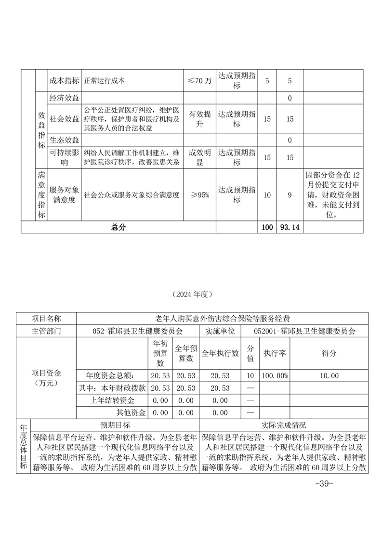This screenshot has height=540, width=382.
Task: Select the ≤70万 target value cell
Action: (x=199, y=81)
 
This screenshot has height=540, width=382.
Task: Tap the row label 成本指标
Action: (x=64, y=81)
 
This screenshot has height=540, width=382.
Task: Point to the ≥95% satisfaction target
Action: (x=199, y=195)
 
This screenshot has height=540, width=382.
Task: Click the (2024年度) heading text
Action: (x=191, y=294)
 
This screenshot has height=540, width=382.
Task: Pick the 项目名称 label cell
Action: (x=46, y=319)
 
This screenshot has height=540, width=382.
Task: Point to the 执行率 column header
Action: (x=275, y=353)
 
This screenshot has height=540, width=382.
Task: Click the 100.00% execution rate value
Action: (x=275, y=375)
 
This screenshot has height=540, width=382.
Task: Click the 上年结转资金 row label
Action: (x=112, y=400)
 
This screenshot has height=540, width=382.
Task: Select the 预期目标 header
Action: (x=115, y=425)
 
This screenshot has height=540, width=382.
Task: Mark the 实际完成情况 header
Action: (x=283, y=425)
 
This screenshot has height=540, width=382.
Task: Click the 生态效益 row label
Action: (x=64, y=140)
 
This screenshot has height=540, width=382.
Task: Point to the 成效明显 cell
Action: (x=199, y=158)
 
